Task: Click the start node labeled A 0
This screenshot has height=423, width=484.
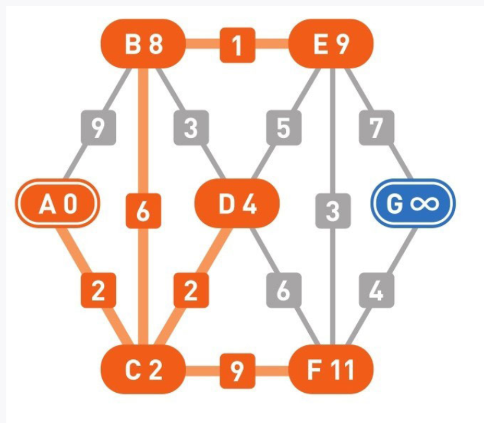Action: click(x=58, y=204)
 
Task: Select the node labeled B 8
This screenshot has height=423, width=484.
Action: click(x=143, y=44)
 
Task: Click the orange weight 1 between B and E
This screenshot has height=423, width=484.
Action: click(x=237, y=45)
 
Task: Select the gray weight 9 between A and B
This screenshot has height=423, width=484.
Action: click(x=98, y=128)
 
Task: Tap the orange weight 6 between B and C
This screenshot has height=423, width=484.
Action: click(x=143, y=211)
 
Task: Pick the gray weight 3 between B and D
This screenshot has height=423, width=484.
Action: click(x=190, y=128)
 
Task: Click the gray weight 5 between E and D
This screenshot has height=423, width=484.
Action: click(x=284, y=128)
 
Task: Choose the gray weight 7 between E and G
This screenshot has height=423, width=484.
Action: click(x=376, y=128)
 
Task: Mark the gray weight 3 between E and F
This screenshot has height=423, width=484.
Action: click(x=333, y=211)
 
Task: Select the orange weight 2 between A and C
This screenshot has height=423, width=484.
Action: click(x=98, y=290)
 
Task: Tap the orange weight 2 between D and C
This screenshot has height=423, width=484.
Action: click(x=190, y=290)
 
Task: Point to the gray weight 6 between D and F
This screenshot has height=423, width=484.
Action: click(x=284, y=290)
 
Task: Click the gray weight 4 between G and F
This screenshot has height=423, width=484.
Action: click(x=376, y=290)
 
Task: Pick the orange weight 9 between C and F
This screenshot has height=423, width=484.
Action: click(x=237, y=370)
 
